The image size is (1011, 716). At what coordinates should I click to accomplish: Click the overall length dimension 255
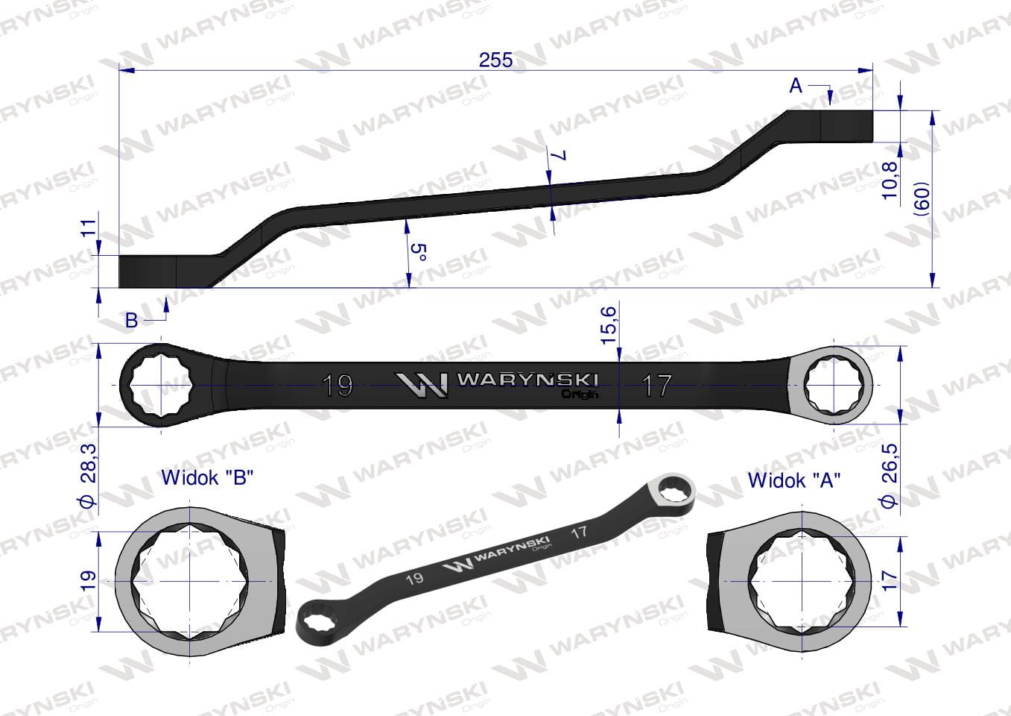pyautogui.click(x=495, y=60)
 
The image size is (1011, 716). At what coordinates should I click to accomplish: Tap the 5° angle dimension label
pyautogui.click(x=419, y=252)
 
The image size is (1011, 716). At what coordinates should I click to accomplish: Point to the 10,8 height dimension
pyautogui.click(x=890, y=180)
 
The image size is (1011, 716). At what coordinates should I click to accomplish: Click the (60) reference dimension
pyautogui.click(x=922, y=198)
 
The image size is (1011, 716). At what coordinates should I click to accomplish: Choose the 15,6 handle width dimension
pyautogui.click(x=609, y=324)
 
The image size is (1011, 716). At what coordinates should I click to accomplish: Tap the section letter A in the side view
pyautogui.click(x=795, y=85)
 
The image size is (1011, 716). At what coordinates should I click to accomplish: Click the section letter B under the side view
pyautogui.click(x=131, y=320)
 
